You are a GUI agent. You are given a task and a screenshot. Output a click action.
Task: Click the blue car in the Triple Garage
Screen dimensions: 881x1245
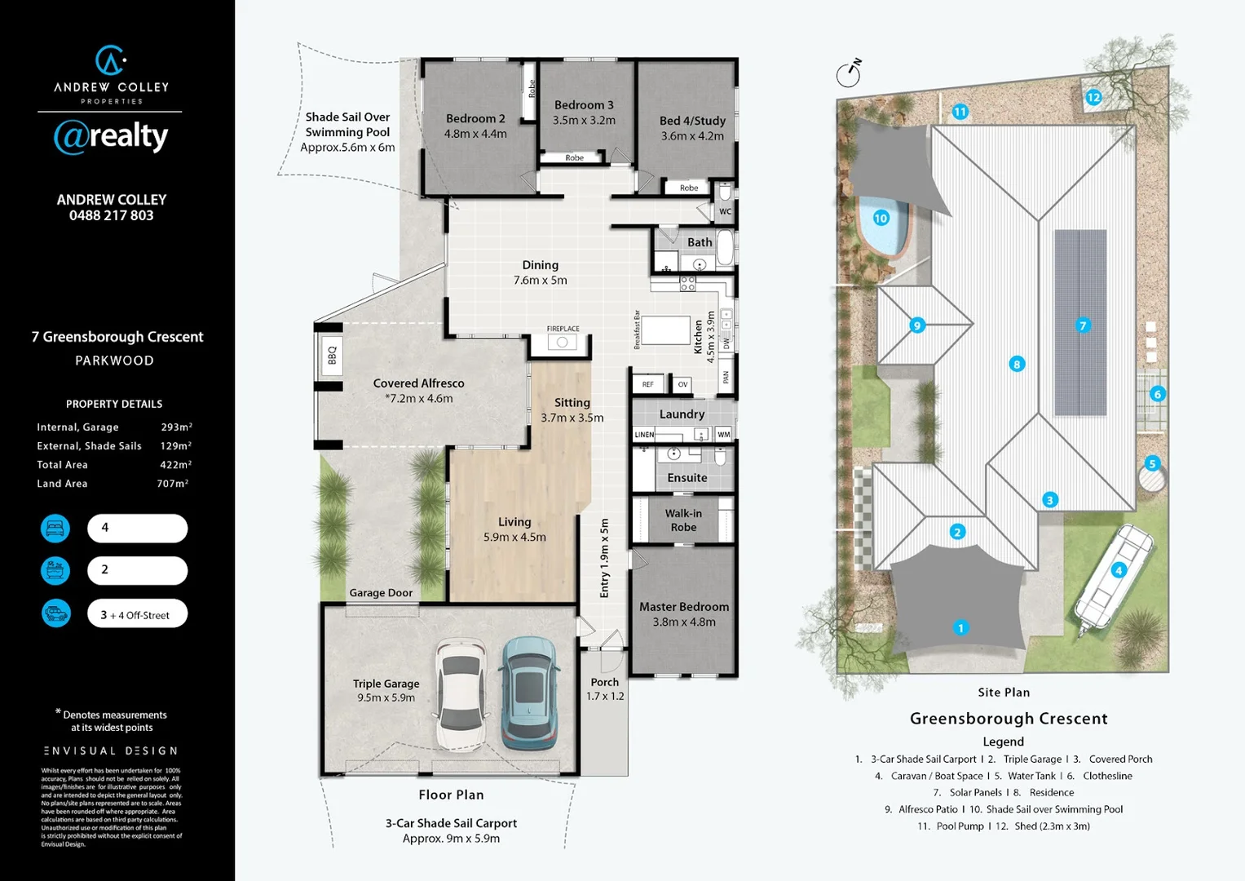(529, 693)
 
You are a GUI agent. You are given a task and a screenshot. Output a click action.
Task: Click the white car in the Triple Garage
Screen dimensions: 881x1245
(461, 694)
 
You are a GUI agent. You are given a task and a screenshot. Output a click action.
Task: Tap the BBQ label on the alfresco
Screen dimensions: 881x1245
(332, 356)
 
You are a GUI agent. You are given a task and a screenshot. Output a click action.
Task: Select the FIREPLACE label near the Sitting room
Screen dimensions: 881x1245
(563, 329)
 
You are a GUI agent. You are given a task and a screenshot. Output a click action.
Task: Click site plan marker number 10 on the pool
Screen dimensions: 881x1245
(881, 218)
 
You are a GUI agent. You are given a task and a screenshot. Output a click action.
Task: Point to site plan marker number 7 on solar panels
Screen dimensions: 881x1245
(1083, 325)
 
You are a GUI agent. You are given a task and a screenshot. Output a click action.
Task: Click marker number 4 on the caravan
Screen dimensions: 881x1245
(1119, 570)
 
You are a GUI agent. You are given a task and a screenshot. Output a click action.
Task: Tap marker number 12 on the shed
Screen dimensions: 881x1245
(1093, 98)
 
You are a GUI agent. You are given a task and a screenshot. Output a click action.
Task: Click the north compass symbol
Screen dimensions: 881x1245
(849, 73)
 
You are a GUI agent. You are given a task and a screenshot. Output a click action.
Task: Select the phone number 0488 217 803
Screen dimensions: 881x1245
(112, 215)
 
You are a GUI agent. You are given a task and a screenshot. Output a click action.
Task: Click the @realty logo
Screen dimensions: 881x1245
(111, 136)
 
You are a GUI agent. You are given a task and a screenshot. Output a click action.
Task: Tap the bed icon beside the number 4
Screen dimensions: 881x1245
(55, 529)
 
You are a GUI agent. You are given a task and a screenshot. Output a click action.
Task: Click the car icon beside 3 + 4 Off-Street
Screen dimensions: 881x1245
(55, 613)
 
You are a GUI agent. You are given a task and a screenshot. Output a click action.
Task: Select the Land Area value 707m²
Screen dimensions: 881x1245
(173, 484)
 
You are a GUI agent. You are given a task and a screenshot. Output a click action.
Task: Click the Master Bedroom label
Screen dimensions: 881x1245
(684, 607)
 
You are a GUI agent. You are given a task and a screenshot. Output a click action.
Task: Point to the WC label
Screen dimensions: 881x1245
(725, 211)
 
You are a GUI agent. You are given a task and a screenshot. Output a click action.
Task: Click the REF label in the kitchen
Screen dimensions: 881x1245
(647, 384)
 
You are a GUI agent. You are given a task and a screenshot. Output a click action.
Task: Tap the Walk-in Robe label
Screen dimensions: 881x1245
(683, 520)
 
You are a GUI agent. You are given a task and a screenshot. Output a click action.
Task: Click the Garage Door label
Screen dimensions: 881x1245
(381, 593)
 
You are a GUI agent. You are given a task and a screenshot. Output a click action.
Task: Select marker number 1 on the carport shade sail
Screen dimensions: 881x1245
(960, 627)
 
